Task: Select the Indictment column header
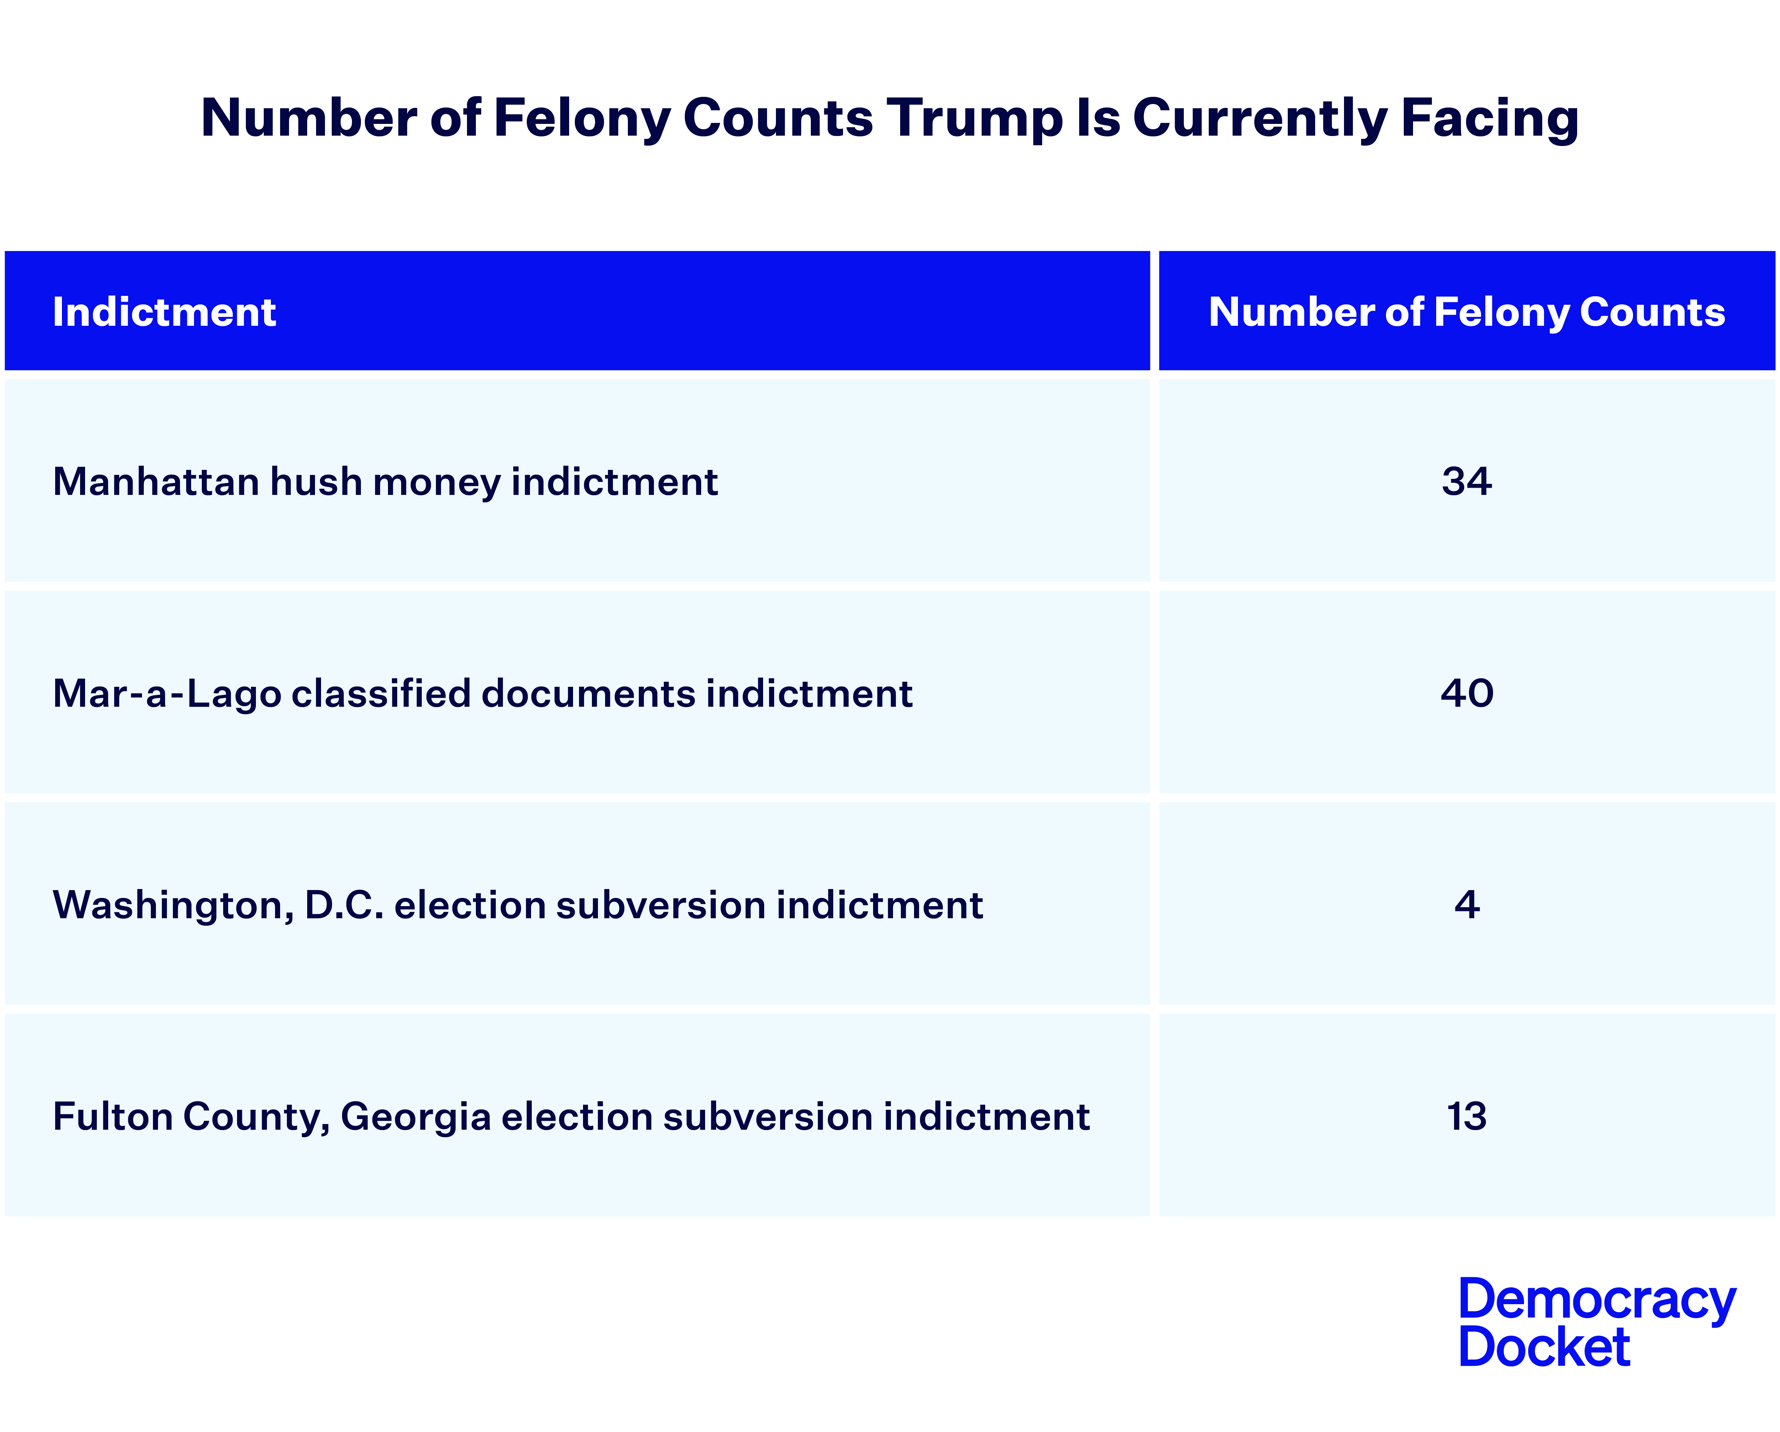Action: [x=164, y=312]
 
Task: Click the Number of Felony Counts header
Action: [x=1466, y=312]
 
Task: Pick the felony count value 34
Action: [x=1466, y=481]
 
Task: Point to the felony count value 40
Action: [x=1466, y=693]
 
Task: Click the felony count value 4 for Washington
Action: [x=1466, y=904]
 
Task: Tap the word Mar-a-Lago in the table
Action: [x=167, y=693]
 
